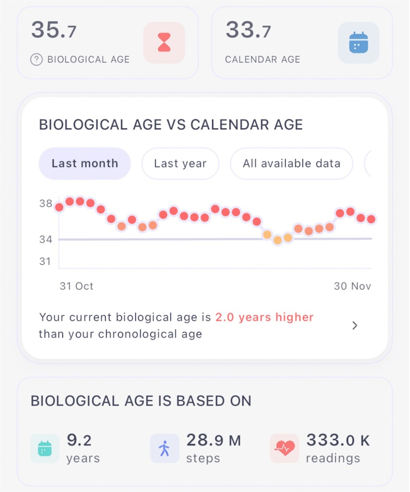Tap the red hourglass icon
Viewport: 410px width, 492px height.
[x=164, y=42]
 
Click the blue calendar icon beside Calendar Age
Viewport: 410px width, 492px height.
[x=358, y=42]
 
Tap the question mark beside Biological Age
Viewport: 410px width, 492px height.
[x=36, y=59]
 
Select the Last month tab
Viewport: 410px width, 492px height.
[x=85, y=163]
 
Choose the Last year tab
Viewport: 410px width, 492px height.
[x=180, y=163]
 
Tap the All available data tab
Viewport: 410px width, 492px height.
[x=291, y=163]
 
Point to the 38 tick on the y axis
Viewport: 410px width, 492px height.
[x=45, y=204]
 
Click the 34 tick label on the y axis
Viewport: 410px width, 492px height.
[x=45, y=240]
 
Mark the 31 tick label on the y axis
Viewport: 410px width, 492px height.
[x=45, y=261]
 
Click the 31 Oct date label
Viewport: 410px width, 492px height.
[x=77, y=286]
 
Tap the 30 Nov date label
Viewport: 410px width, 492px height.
[x=352, y=286]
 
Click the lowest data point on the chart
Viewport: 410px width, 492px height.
[x=278, y=240]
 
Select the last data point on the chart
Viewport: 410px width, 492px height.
[x=371, y=219]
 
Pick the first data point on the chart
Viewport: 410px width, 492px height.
[x=59, y=207]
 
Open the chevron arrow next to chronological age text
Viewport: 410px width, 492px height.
[x=355, y=325]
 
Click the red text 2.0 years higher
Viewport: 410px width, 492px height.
[x=264, y=317]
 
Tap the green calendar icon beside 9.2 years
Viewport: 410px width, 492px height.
[x=45, y=448]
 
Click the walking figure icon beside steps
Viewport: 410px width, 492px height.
[x=164, y=448]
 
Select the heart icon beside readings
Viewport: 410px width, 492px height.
[x=284, y=448]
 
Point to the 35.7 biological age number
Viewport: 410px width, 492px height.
[x=54, y=30]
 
